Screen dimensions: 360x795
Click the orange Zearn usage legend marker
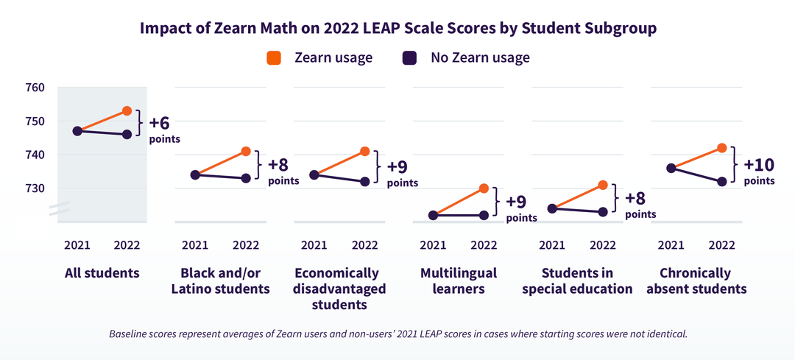[274, 58]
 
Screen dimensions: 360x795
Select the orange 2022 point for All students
[127, 111]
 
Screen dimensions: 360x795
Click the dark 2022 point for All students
[127, 135]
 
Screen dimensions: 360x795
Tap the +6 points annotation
[164, 128]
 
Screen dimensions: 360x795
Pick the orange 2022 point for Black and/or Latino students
[246, 151]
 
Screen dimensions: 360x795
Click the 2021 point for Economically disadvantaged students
[314, 175]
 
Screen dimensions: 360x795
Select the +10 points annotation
[759, 169]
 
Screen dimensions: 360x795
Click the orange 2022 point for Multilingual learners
[484, 188]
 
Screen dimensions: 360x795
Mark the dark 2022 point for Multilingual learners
[484, 216]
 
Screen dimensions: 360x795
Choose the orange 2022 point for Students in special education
[603, 185]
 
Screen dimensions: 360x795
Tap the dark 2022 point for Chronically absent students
[722, 182]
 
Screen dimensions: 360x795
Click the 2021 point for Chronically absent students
[671, 168]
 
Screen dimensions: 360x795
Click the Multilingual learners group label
[459, 280]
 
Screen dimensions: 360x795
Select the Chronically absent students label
[696, 280]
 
